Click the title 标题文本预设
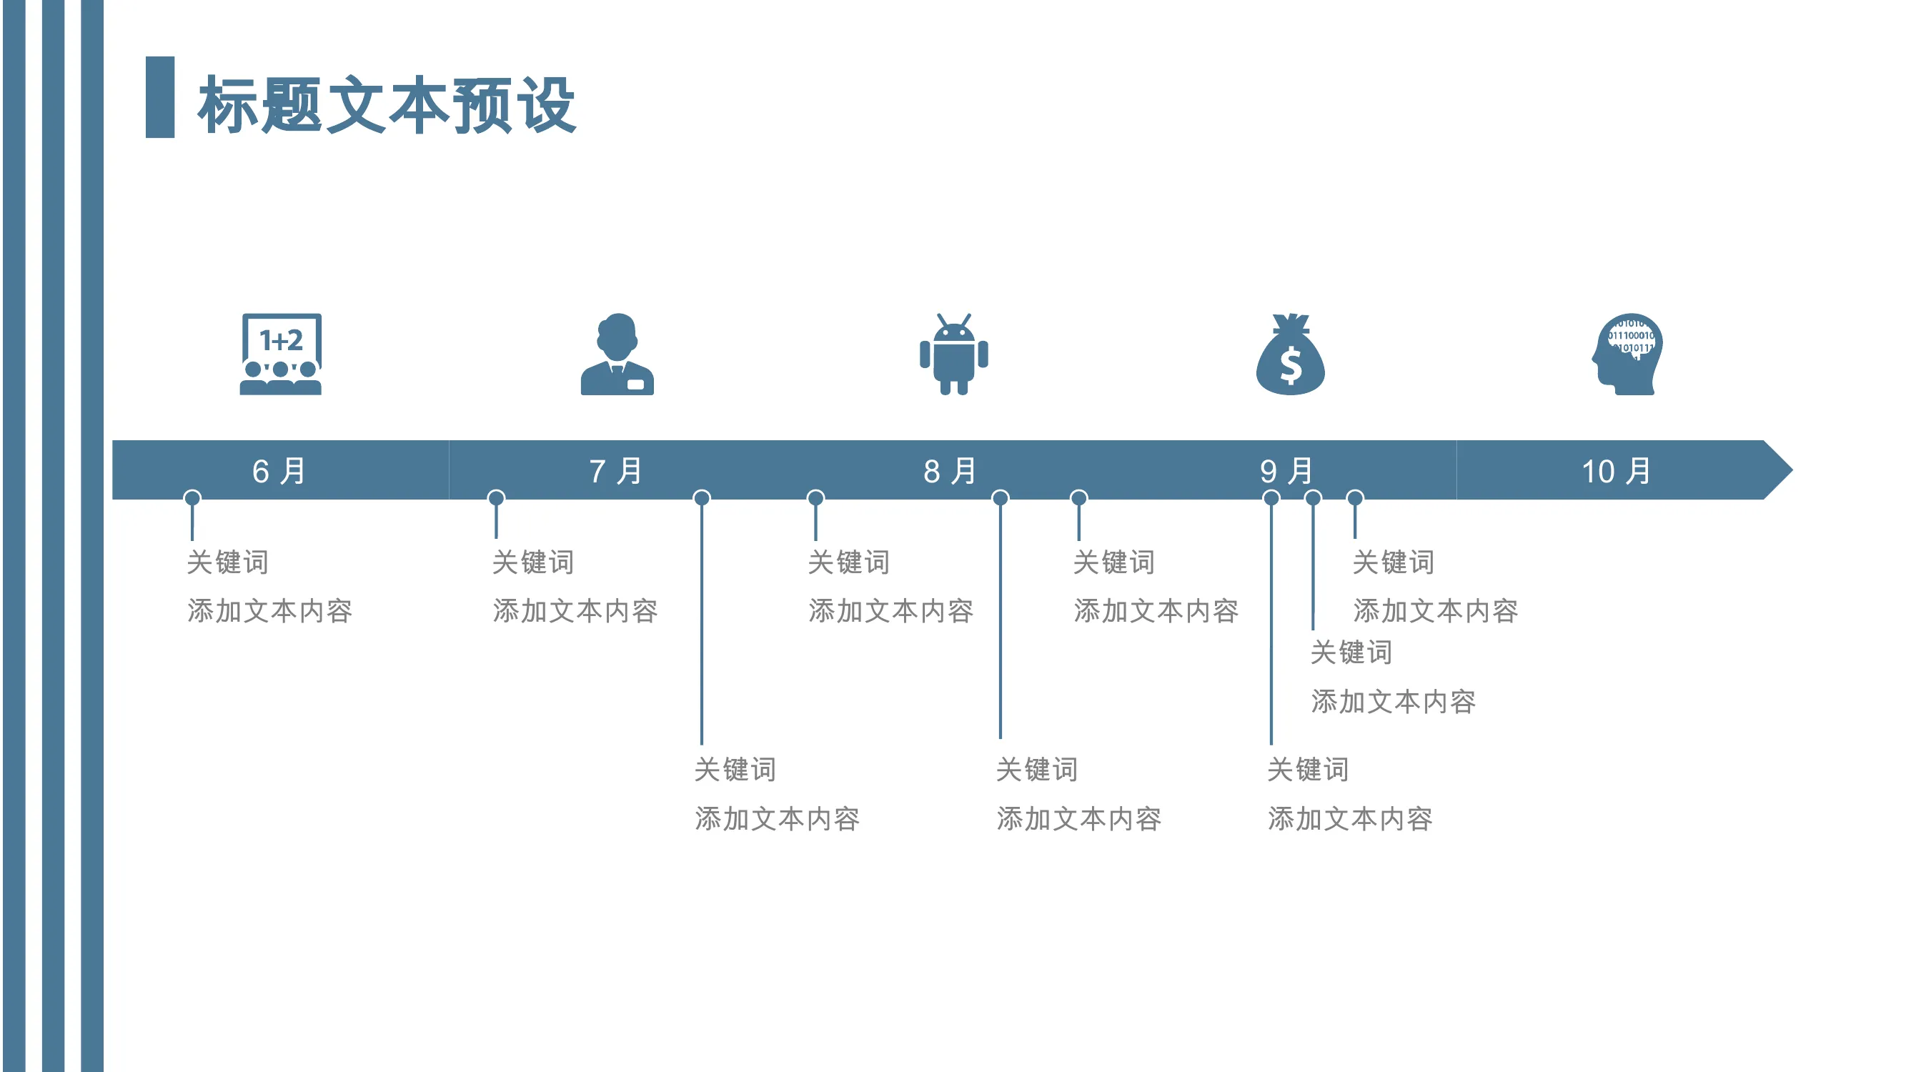tap(386, 104)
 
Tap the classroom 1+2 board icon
tap(281, 354)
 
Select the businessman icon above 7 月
tap(617, 354)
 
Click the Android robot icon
tap(954, 354)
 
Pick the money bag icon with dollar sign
tap(1291, 354)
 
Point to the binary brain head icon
tap(1627, 354)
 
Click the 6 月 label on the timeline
tap(279, 471)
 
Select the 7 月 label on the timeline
tap(615, 471)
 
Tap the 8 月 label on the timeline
tap(950, 471)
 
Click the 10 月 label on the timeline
tap(1617, 471)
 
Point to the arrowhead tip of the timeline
tap(1792, 470)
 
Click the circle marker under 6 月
tap(192, 498)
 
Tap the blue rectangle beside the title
tap(160, 97)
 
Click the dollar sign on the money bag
tap(1291, 366)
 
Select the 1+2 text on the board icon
tap(281, 340)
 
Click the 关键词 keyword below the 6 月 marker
tap(228, 562)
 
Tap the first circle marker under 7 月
tap(497, 498)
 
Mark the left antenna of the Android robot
tap(942, 320)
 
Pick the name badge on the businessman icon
tap(635, 384)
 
